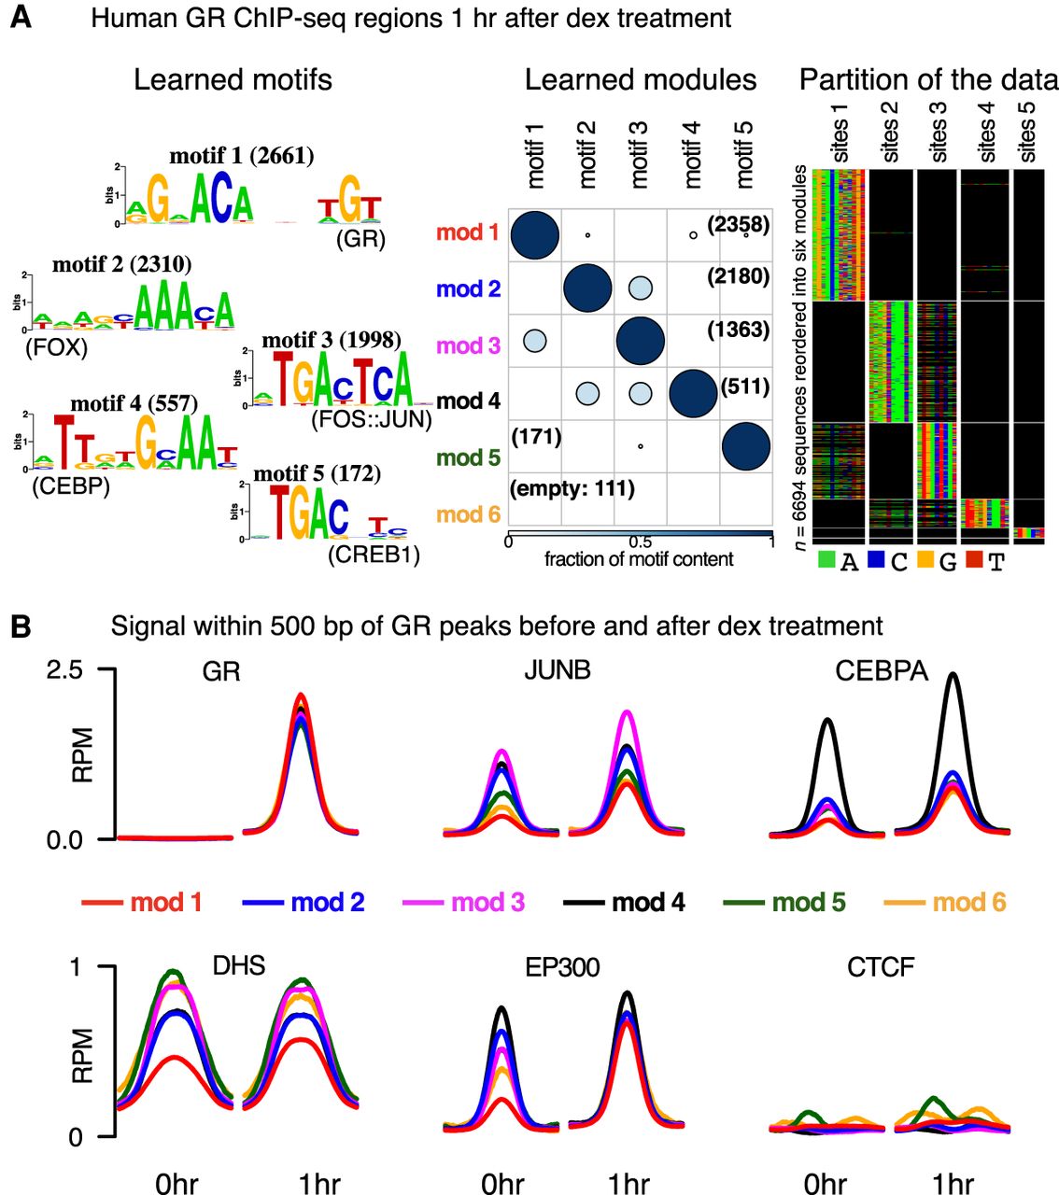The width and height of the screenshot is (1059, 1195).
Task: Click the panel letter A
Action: coord(21,18)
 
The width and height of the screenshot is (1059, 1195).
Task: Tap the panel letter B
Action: coord(21,626)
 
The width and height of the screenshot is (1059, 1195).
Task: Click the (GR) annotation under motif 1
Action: coord(360,239)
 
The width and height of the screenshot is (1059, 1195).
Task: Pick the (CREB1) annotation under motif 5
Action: coord(374,555)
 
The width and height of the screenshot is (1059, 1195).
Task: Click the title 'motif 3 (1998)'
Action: coord(332,340)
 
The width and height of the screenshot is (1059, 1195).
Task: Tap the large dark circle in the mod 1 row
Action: coord(534,232)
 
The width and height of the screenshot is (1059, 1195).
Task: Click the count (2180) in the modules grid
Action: coord(739,276)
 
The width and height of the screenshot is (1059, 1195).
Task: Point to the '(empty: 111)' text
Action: coord(572,488)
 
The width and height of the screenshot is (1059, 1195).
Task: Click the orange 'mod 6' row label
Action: coord(469,514)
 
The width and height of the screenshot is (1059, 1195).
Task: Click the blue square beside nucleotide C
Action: coord(875,560)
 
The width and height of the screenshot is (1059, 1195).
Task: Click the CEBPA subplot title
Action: coord(881,671)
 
